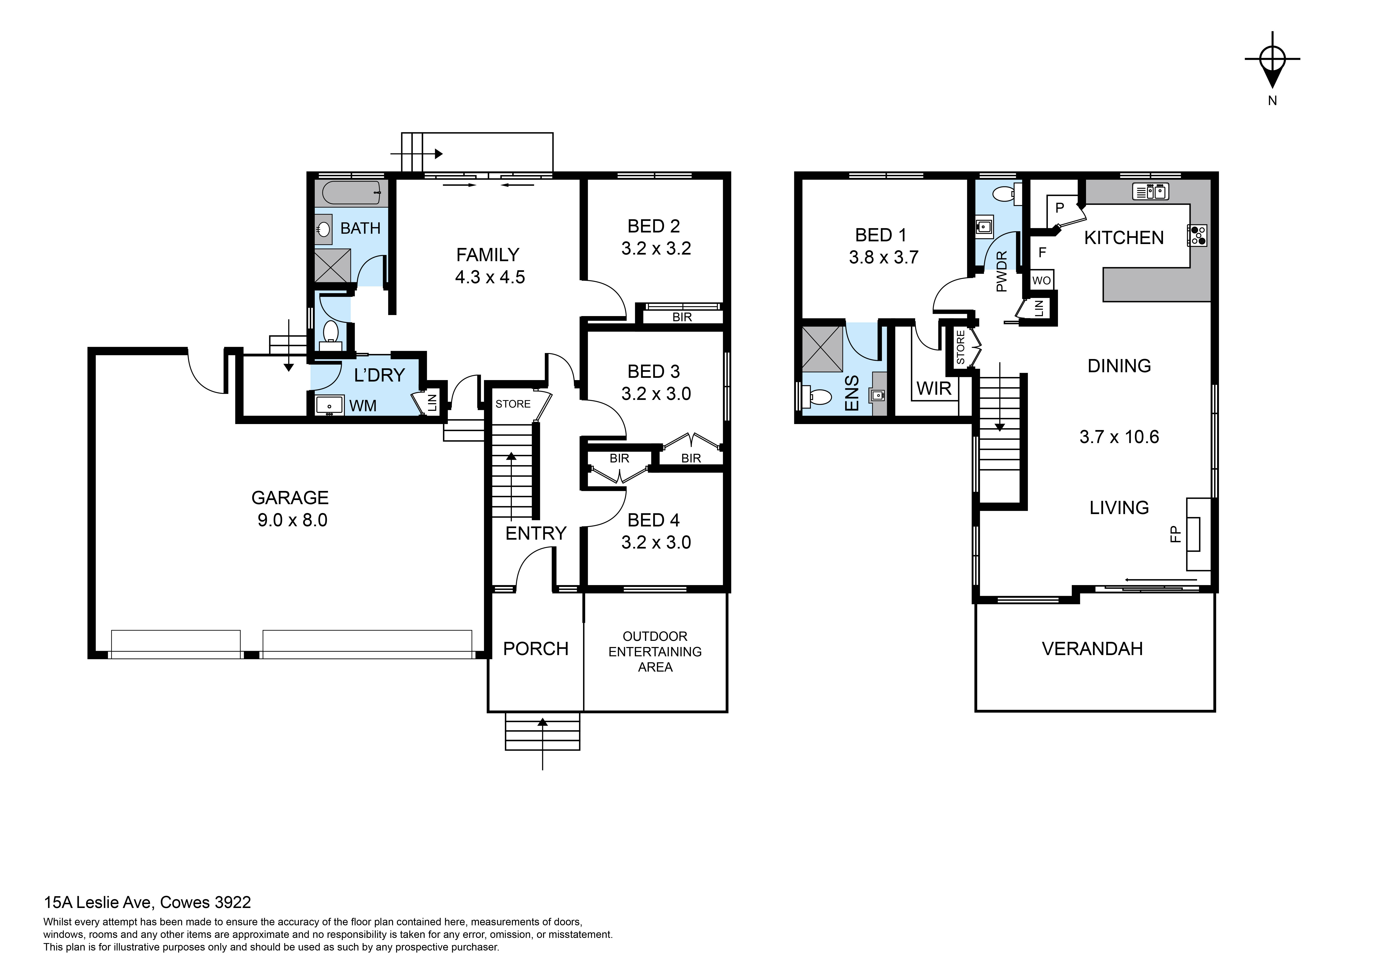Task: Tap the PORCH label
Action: pos(535,649)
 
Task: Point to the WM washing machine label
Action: pos(363,406)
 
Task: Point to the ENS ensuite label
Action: pos(852,393)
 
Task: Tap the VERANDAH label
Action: pos(1092,649)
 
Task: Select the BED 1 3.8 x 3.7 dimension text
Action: pos(883,257)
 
